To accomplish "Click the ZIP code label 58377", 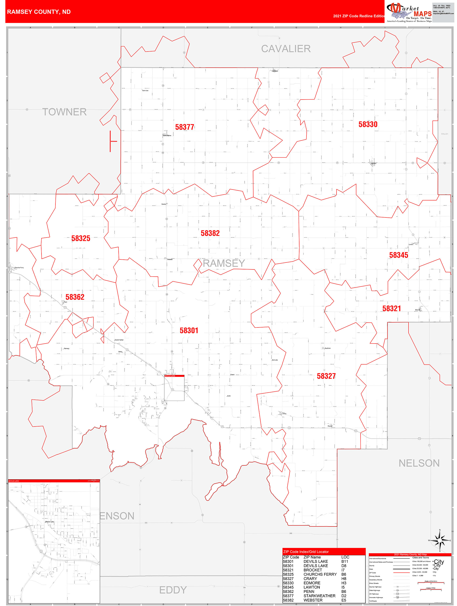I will pos(185,127).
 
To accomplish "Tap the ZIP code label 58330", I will pos(368,124).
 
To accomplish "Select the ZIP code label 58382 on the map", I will pos(210,233).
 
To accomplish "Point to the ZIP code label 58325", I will pos(81,238).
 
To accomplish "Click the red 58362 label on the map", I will pos(75,297).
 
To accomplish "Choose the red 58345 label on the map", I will pos(399,255).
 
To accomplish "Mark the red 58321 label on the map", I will pos(392,309).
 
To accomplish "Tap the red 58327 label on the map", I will pos(326,376).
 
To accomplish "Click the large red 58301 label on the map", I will pos(189,331).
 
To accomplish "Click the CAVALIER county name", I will pos(286,49).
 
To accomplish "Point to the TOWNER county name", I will pos(64,112).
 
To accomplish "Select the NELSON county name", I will pos(419,463).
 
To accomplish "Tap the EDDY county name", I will pos(173,590).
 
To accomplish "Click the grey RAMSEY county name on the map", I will pos(224,263).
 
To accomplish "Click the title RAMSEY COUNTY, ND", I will pos(39,12).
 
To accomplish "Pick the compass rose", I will pos(440,541).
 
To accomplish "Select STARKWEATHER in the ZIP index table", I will pos(319,596).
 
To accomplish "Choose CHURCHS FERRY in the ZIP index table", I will pos(320,574).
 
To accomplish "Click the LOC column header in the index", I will pos(345,557).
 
